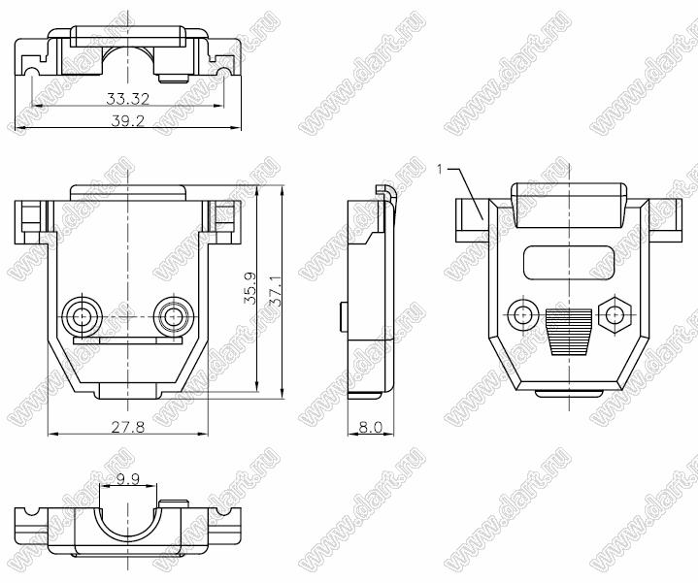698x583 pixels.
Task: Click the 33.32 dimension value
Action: pyautogui.click(x=127, y=99)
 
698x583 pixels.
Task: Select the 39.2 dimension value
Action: pyautogui.click(x=128, y=121)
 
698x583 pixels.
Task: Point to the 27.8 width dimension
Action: pyautogui.click(x=128, y=428)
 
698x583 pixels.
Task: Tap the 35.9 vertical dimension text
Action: pyautogui.click(x=250, y=289)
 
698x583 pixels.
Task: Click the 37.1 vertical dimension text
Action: pyautogui.click(x=277, y=291)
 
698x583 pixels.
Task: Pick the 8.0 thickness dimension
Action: pyautogui.click(x=371, y=428)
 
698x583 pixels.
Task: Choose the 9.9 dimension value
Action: pyautogui.click(x=128, y=479)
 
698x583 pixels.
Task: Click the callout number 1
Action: pyautogui.click(x=440, y=170)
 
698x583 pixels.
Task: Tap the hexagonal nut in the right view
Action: pyautogui.click(x=615, y=315)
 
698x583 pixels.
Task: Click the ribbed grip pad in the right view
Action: pyautogui.click(x=569, y=332)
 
